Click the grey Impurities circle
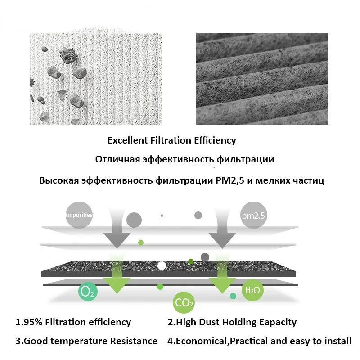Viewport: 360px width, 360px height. pos(79,215)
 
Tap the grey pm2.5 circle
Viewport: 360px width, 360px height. pos(253,215)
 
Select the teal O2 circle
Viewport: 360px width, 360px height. pos(88,292)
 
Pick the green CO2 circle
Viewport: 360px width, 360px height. pos(184,302)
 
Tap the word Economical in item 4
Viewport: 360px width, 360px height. pos(202,341)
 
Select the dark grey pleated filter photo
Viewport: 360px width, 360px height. pos(262,78)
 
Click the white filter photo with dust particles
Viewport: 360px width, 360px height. pos(94,78)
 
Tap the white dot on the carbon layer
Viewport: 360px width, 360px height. pos(162,265)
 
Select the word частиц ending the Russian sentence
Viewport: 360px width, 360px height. pos(308,181)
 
